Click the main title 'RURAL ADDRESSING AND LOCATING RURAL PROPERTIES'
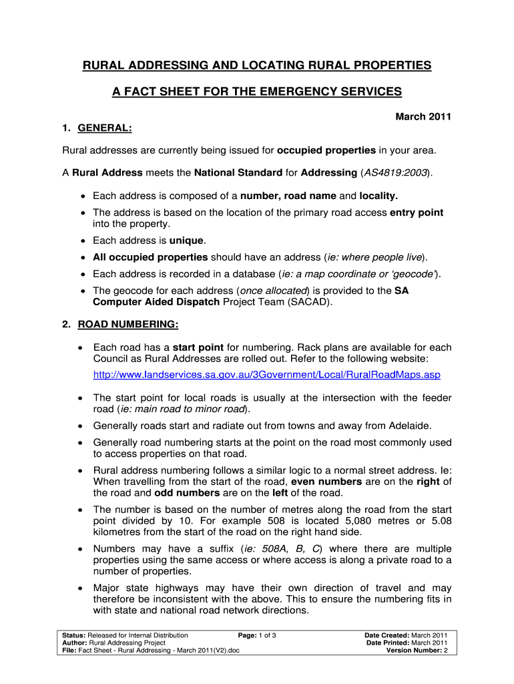click(x=256, y=65)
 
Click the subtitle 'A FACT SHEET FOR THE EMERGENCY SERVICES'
click(x=256, y=91)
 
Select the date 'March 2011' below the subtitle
click(x=423, y=117)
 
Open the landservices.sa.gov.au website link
click(x=266, y=375)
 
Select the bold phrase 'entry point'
click(x=417, y=212)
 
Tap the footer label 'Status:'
click(x=73, y=635)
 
